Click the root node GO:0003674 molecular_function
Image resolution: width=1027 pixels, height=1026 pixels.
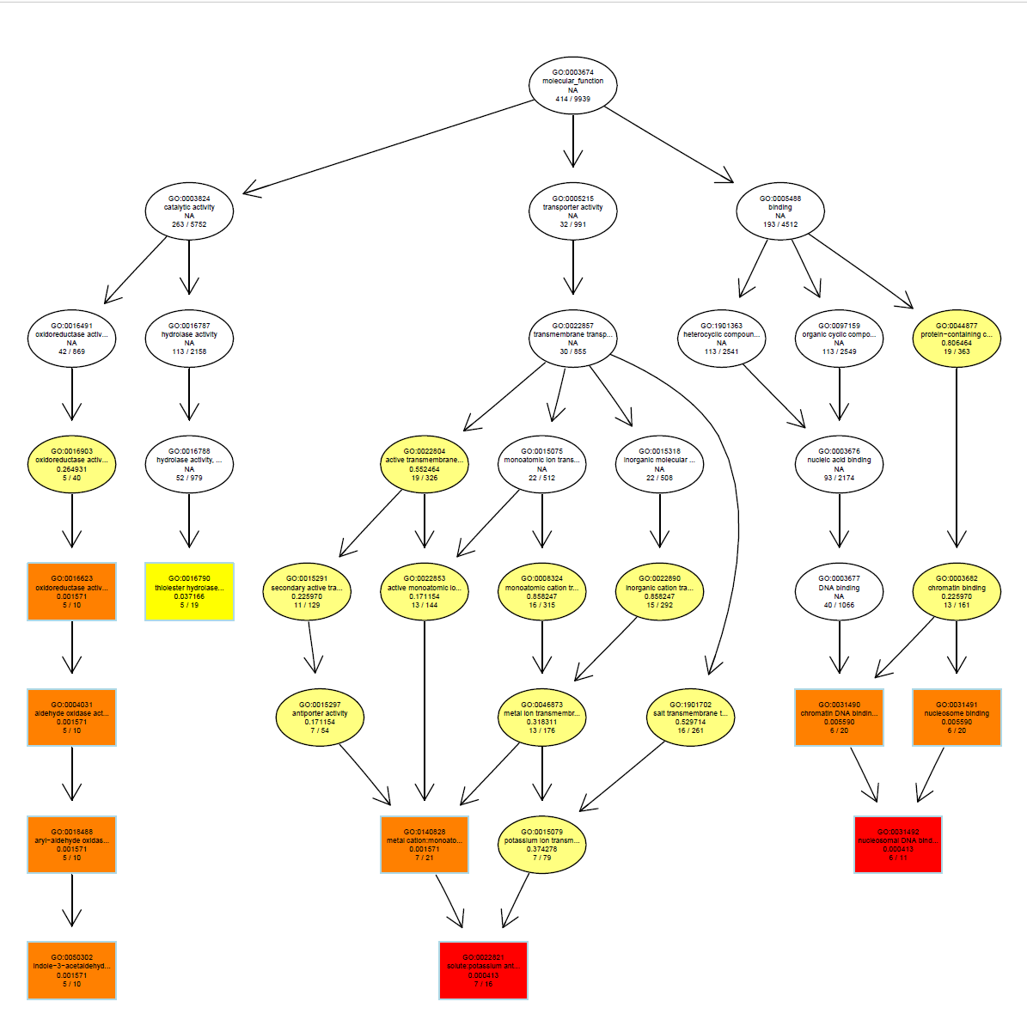point(572,85)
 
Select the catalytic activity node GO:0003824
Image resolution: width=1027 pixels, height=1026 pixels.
point(189,211)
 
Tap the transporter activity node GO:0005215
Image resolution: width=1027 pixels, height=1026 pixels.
point(572,211)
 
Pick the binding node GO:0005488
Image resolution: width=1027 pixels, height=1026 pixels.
point(780,211)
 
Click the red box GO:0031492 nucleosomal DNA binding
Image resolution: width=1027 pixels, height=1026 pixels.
point(898,845)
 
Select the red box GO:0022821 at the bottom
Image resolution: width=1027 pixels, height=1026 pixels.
point(483,970)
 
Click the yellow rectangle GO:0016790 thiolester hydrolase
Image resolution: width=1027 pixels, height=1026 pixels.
point(189,591)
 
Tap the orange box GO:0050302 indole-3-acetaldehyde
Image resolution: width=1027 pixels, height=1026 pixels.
point(71,970)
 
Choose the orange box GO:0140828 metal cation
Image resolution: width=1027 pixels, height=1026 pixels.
point(425,845)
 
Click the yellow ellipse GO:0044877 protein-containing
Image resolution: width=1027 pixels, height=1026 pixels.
point(957,339)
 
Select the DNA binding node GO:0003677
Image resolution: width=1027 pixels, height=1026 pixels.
point(839,591)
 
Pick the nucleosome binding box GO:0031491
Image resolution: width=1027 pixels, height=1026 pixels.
point(957,718)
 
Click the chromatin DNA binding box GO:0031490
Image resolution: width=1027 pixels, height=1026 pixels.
point(839,718)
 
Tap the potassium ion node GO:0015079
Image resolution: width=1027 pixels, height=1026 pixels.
point(541,845)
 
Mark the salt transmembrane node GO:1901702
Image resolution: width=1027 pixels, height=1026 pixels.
point(690,718)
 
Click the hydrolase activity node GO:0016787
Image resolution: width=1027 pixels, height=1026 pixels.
point(189,339)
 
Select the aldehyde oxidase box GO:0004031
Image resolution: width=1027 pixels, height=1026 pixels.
point(71,718)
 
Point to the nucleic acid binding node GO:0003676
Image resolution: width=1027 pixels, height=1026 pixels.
point(839,465)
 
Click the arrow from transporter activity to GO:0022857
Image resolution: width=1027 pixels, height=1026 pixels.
point(572,266)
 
